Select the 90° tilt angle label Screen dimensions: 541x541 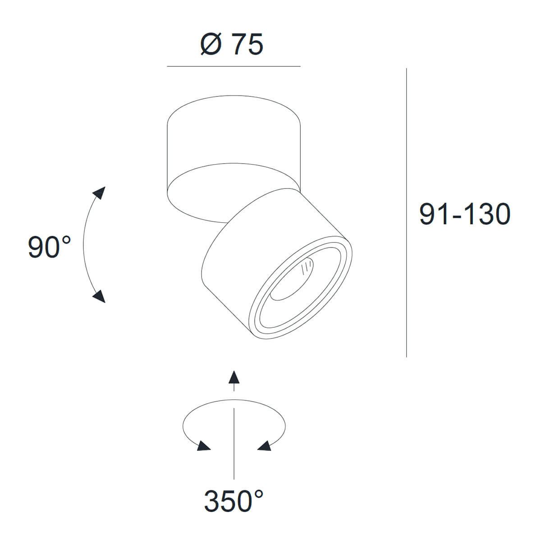(49, 247)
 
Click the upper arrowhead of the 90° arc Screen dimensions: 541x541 (99, 193)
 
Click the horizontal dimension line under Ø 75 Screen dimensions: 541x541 (234, 66)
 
